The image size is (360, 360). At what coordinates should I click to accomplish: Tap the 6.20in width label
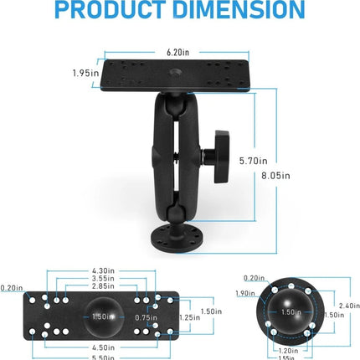pyautogui.click(x=177, y=51)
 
